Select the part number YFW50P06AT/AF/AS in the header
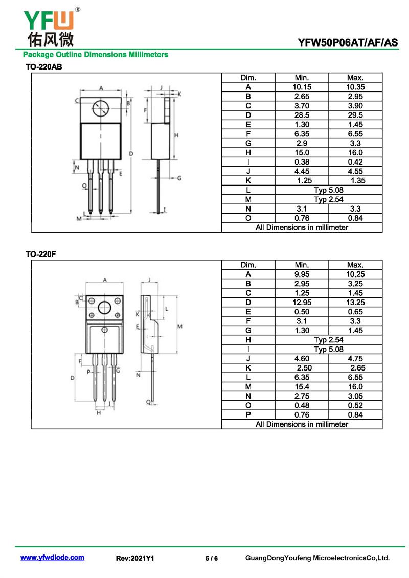[x=348, y=43]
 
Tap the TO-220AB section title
[x=44, y=67]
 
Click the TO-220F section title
[x=40, y=254]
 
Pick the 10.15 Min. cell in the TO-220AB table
[x=302, y=87]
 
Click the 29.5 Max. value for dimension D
[x=355, y=115]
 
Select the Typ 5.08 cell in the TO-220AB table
[x=328, y=190]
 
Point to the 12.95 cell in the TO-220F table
[x=302, y=302]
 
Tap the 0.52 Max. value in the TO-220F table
[x=355, y=405]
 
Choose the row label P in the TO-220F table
[x=248, y=414]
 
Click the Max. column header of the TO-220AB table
[x=355, y=78]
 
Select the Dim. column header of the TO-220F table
[x=248, y=265]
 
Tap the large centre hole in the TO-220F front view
[x=104, y=308]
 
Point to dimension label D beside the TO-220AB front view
[x=131, y=154]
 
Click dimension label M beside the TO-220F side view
[x=179, y=326]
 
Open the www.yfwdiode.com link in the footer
[x=52, y=558]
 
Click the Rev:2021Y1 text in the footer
[x=135, y=558]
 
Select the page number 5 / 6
[x=212, y=558]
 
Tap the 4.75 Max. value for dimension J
[x=355, y=359]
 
